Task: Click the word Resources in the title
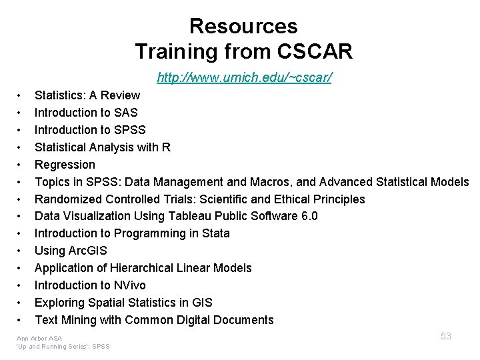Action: (x=243, y=26)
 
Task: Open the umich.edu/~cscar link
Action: (x=245, y=78)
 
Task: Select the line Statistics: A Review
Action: (x=87, y=95)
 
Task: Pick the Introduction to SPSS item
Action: (x=90, y=129)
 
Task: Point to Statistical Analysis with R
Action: (x=103, y=147)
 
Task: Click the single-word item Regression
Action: (x=65, y=164)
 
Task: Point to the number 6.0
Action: (x=309, y=216)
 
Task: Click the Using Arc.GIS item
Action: (x=71, y=251)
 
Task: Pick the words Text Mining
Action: (x=67, y=320)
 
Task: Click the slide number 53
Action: (x=446, y=336)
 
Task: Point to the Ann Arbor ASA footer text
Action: (x=39, y=339)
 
